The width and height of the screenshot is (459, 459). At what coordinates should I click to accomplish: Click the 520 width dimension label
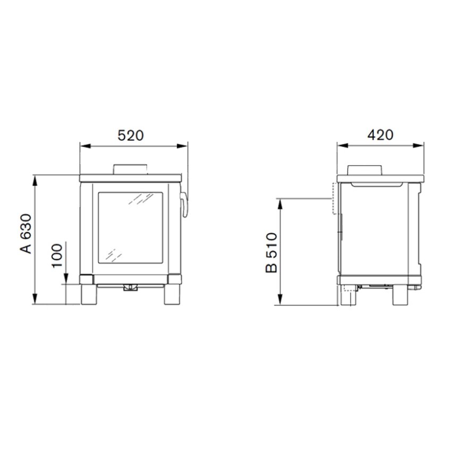[x=131, y=135]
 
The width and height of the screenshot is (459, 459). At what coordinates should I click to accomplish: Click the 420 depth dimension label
[x=380, y=135]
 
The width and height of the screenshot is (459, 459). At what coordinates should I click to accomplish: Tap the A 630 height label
[x=25, y=234]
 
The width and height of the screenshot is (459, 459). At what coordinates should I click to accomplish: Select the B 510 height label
[x=271, y=253]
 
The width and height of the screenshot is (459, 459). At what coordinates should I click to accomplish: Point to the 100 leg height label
[x=57, y=255]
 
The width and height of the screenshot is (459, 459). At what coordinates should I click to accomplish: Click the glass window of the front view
[x=130, y=228]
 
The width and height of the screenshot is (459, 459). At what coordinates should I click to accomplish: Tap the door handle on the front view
[x=184, y=205]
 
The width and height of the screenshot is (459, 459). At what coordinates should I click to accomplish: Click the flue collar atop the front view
[x=130, y=169]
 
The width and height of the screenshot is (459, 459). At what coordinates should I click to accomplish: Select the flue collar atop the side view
[x=365, y=170]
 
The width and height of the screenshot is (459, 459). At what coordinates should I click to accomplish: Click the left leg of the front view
[x=89, y=294]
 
